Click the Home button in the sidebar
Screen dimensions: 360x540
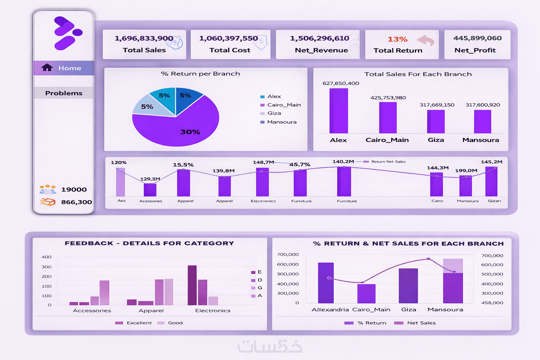(x=64, y=68)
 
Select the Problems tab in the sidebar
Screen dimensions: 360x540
(x=64, y=93)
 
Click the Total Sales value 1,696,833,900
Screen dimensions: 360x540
(x=144, y=38)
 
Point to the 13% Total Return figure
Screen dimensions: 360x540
(x=397, y=39)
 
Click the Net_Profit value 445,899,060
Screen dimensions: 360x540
(x=477, y=38)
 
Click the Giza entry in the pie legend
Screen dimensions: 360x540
(x=274, y=113)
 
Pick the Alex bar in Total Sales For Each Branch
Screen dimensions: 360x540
(x=339, y=111)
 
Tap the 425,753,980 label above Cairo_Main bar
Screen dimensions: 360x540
(x=388, y=98)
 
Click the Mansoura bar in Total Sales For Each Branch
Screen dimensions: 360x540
(x=482, y=122)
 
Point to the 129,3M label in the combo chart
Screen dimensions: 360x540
(x=150, y=179)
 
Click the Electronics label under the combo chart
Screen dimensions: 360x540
(x=263, y=201)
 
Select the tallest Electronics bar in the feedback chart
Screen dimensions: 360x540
(x=192, y=285)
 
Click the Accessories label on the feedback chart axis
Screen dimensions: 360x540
(x=92, y=310)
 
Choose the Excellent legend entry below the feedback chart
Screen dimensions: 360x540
(x=139, y=323)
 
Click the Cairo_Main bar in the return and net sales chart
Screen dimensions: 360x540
(x=366, y=294)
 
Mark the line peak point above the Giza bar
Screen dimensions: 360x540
(x=428, y=259)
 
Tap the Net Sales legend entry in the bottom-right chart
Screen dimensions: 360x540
(x=421, y=323)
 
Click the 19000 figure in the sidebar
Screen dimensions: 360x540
(x=74, y=189)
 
